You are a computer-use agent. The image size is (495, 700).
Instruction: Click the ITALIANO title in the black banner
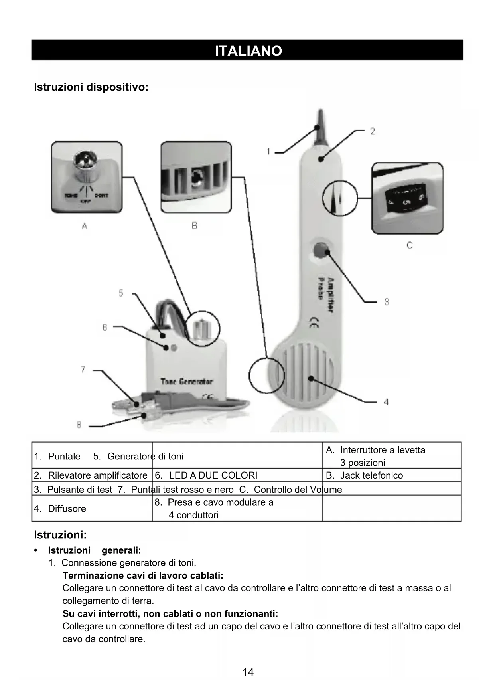pyautogui.click(x=248, y=51)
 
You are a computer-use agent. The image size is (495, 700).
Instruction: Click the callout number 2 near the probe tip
pyautogui.click(x=372, y=131)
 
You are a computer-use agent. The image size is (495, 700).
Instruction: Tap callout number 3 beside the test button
pyautogui.click(x=386, y=302)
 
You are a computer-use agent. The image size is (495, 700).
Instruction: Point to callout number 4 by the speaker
pyautogui.click(x=386, y=402)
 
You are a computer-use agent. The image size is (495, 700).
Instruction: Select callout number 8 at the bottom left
pyautogui.click(x=79, y=425)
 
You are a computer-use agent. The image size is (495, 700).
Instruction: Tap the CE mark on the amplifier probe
pyautogui.click(x=314, y=322)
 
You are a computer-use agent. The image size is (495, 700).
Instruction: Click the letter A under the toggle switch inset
pyautogui.click(x=85, y=226)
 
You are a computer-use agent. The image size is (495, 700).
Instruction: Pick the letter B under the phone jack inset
pyautogui.click(x=195, y=226)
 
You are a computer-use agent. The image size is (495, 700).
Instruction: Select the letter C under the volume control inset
pyautogui.click(x=409, y=245)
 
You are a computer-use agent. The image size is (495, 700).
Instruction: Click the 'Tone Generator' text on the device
pyautogui.click(x=187, y=382)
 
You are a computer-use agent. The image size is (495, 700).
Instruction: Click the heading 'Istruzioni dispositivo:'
pyautogui.click(x=91, y=87)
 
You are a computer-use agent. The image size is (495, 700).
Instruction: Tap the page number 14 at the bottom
pyautogui.click(x=248, y=672)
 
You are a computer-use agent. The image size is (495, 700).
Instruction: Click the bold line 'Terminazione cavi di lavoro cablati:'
pyautogui.click(x=143, y=575)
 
